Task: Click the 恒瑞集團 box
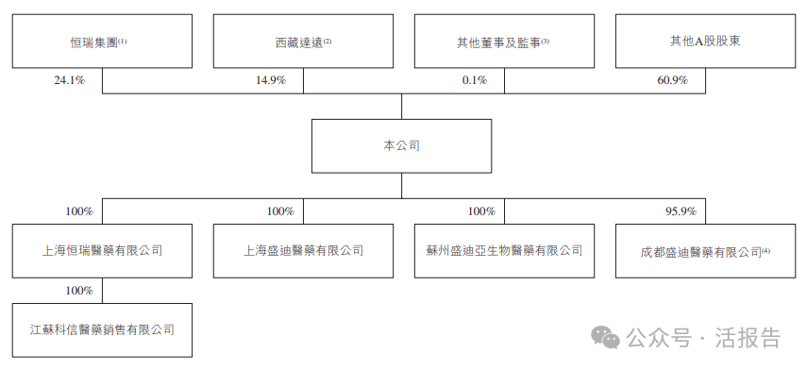coord(102,42)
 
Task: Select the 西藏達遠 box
coord(302,42)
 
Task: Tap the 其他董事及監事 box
coord(503,42)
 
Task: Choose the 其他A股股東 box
coord(704,42)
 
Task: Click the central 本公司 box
coord(402,146)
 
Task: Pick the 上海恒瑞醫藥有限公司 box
coord(102,251)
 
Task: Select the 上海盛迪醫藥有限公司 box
coord(302,251)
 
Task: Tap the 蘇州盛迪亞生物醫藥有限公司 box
coord(504,251)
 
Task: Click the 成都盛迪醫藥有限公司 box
coord(704,252)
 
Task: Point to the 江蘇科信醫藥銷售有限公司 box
coord(102,329)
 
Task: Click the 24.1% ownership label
coord(70,81)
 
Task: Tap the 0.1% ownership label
coord(474,81)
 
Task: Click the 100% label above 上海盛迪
coord(280,211)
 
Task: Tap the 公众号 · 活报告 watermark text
coord(702,338)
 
